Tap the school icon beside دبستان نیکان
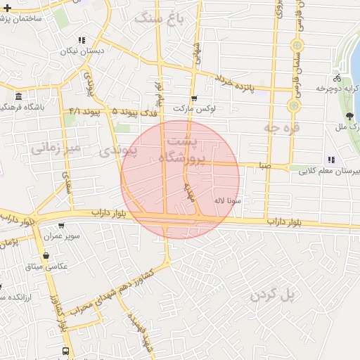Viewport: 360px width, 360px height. click(82, 40)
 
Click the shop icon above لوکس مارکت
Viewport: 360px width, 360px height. click(194, 98)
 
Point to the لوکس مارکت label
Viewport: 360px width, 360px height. click(195, 110)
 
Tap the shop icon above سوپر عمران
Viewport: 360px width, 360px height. click(61, 226)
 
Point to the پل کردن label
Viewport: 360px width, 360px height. click(274, 295)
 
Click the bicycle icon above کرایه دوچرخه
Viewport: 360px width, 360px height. click(338, 78)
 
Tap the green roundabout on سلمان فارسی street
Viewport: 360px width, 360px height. click(293, 106)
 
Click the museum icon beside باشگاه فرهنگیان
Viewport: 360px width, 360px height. click(18, 96)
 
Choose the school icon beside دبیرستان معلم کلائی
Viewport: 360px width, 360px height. click(331, 160)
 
